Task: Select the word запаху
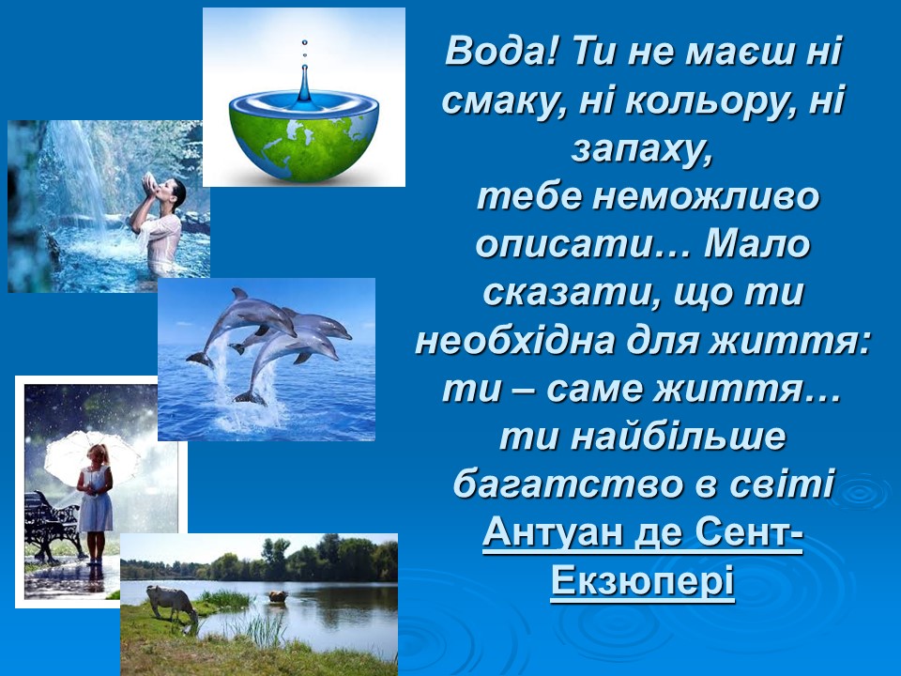[641, 150]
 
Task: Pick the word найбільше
[678, 437]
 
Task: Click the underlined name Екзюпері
[642, 580]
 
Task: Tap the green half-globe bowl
[304, 140]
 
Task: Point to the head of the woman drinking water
[174, 192]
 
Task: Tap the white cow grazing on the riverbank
[171, 604]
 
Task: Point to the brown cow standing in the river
[278, 596]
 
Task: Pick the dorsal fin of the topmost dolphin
[239, 294]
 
